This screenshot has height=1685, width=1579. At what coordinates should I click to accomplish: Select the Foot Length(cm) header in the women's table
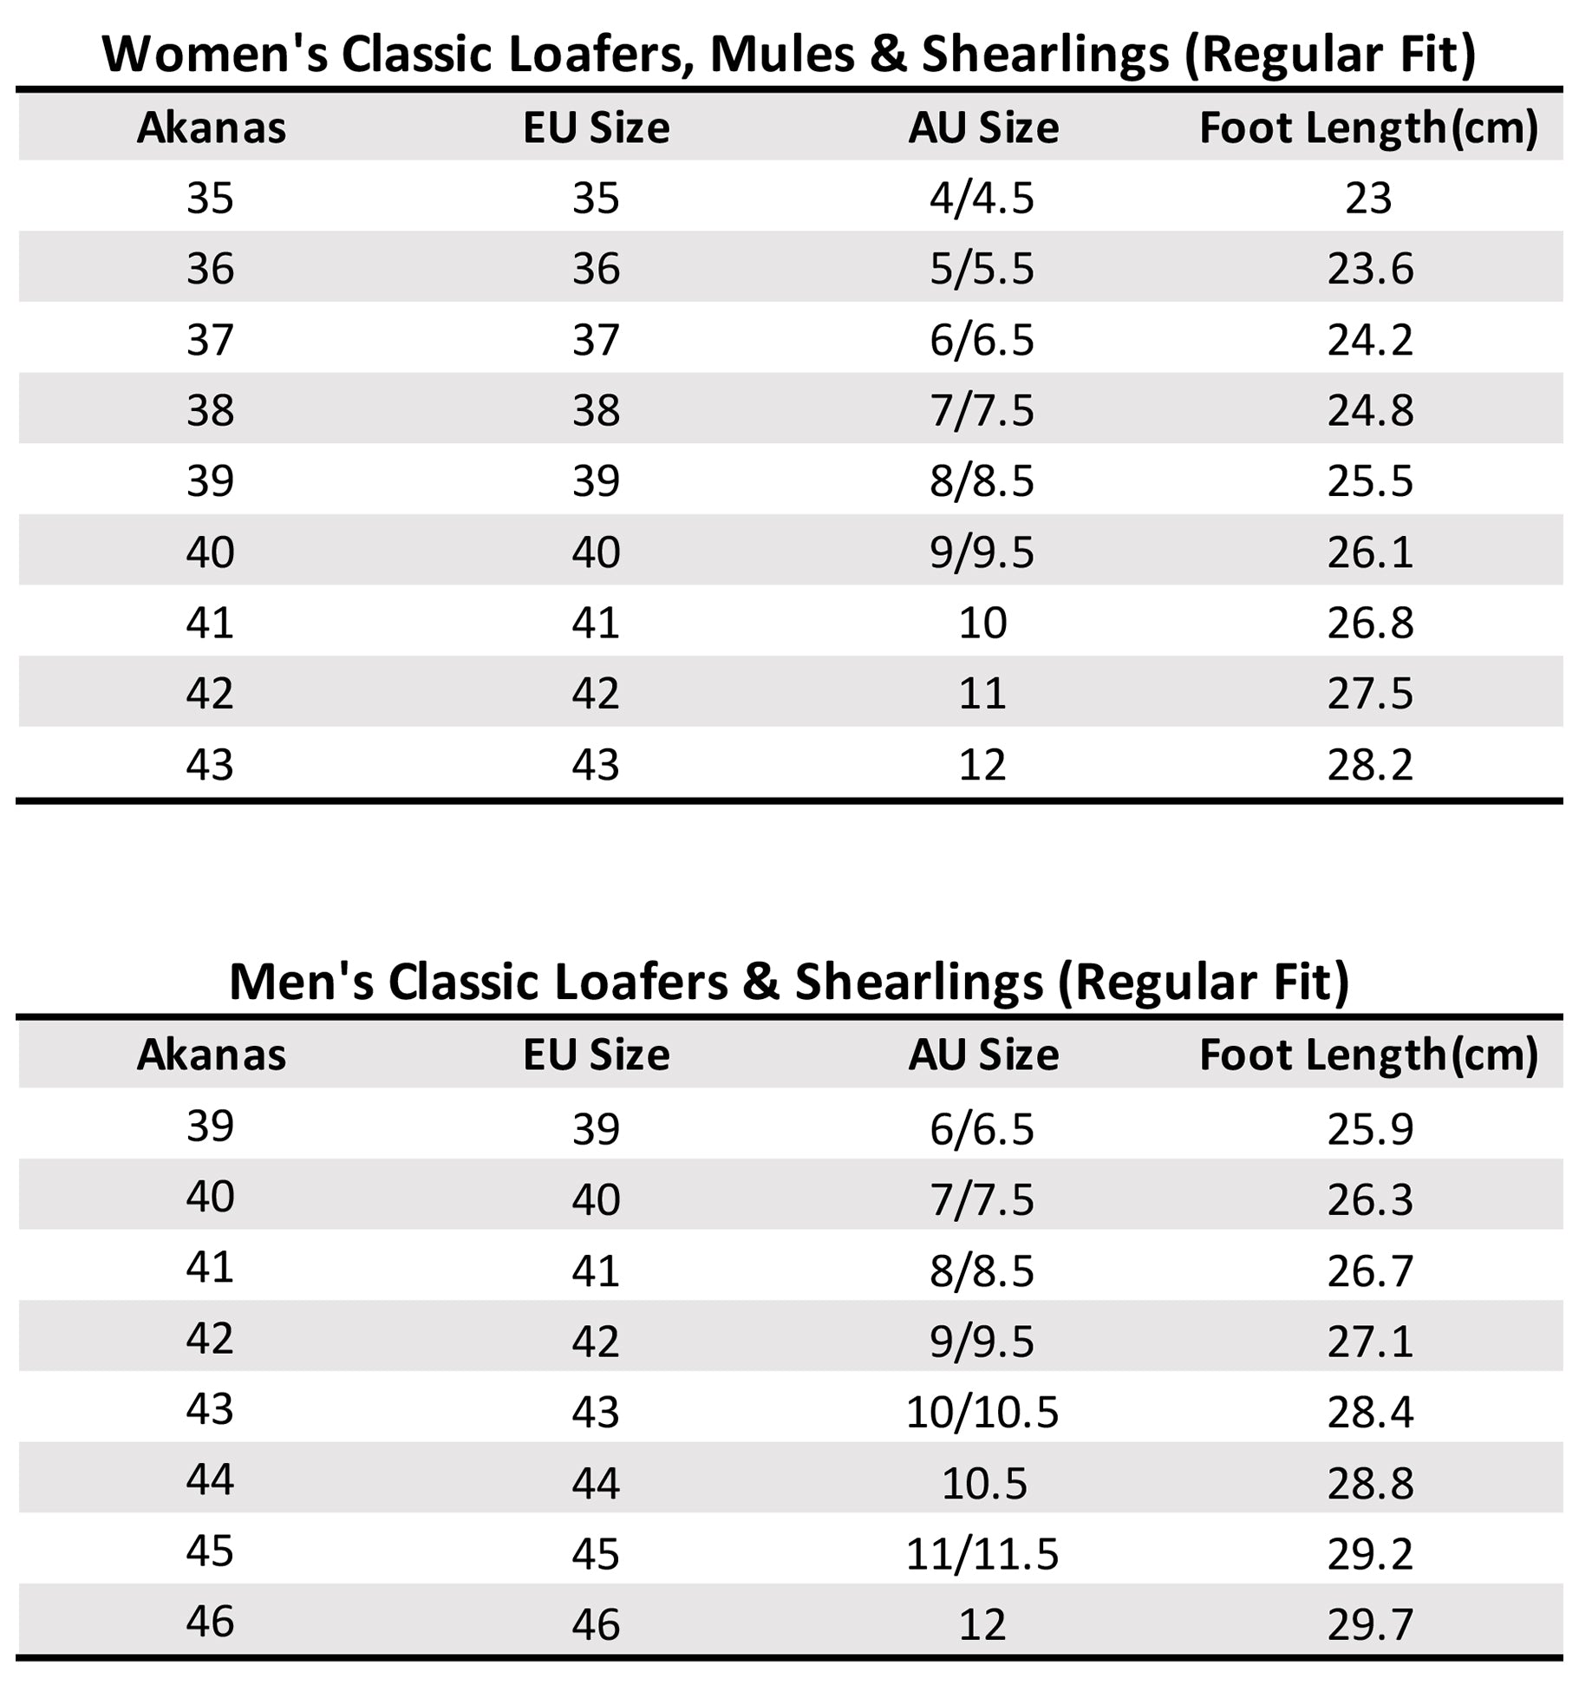click(1368, 128)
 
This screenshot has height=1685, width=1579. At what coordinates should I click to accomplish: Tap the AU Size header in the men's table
click(982, 1055)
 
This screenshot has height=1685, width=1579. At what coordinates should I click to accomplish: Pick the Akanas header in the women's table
click(211, 128)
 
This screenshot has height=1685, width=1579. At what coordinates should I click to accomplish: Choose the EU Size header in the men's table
click(596, 1055)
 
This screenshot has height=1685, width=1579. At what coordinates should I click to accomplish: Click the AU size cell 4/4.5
click(982, 199)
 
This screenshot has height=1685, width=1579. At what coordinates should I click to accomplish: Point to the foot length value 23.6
click(1369, 269)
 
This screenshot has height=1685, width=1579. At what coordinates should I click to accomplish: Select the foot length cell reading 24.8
click(1369, 410)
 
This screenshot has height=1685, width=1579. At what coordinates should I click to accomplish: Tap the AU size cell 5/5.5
click(982, 269)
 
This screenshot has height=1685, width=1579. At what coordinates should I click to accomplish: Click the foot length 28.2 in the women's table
click(1369, 765)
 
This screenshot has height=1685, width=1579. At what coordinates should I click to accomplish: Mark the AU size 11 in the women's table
click(982, 694)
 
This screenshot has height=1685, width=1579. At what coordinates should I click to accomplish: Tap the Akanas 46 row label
click(210, 1622)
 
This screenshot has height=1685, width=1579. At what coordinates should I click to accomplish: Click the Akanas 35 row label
click(210, 199)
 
